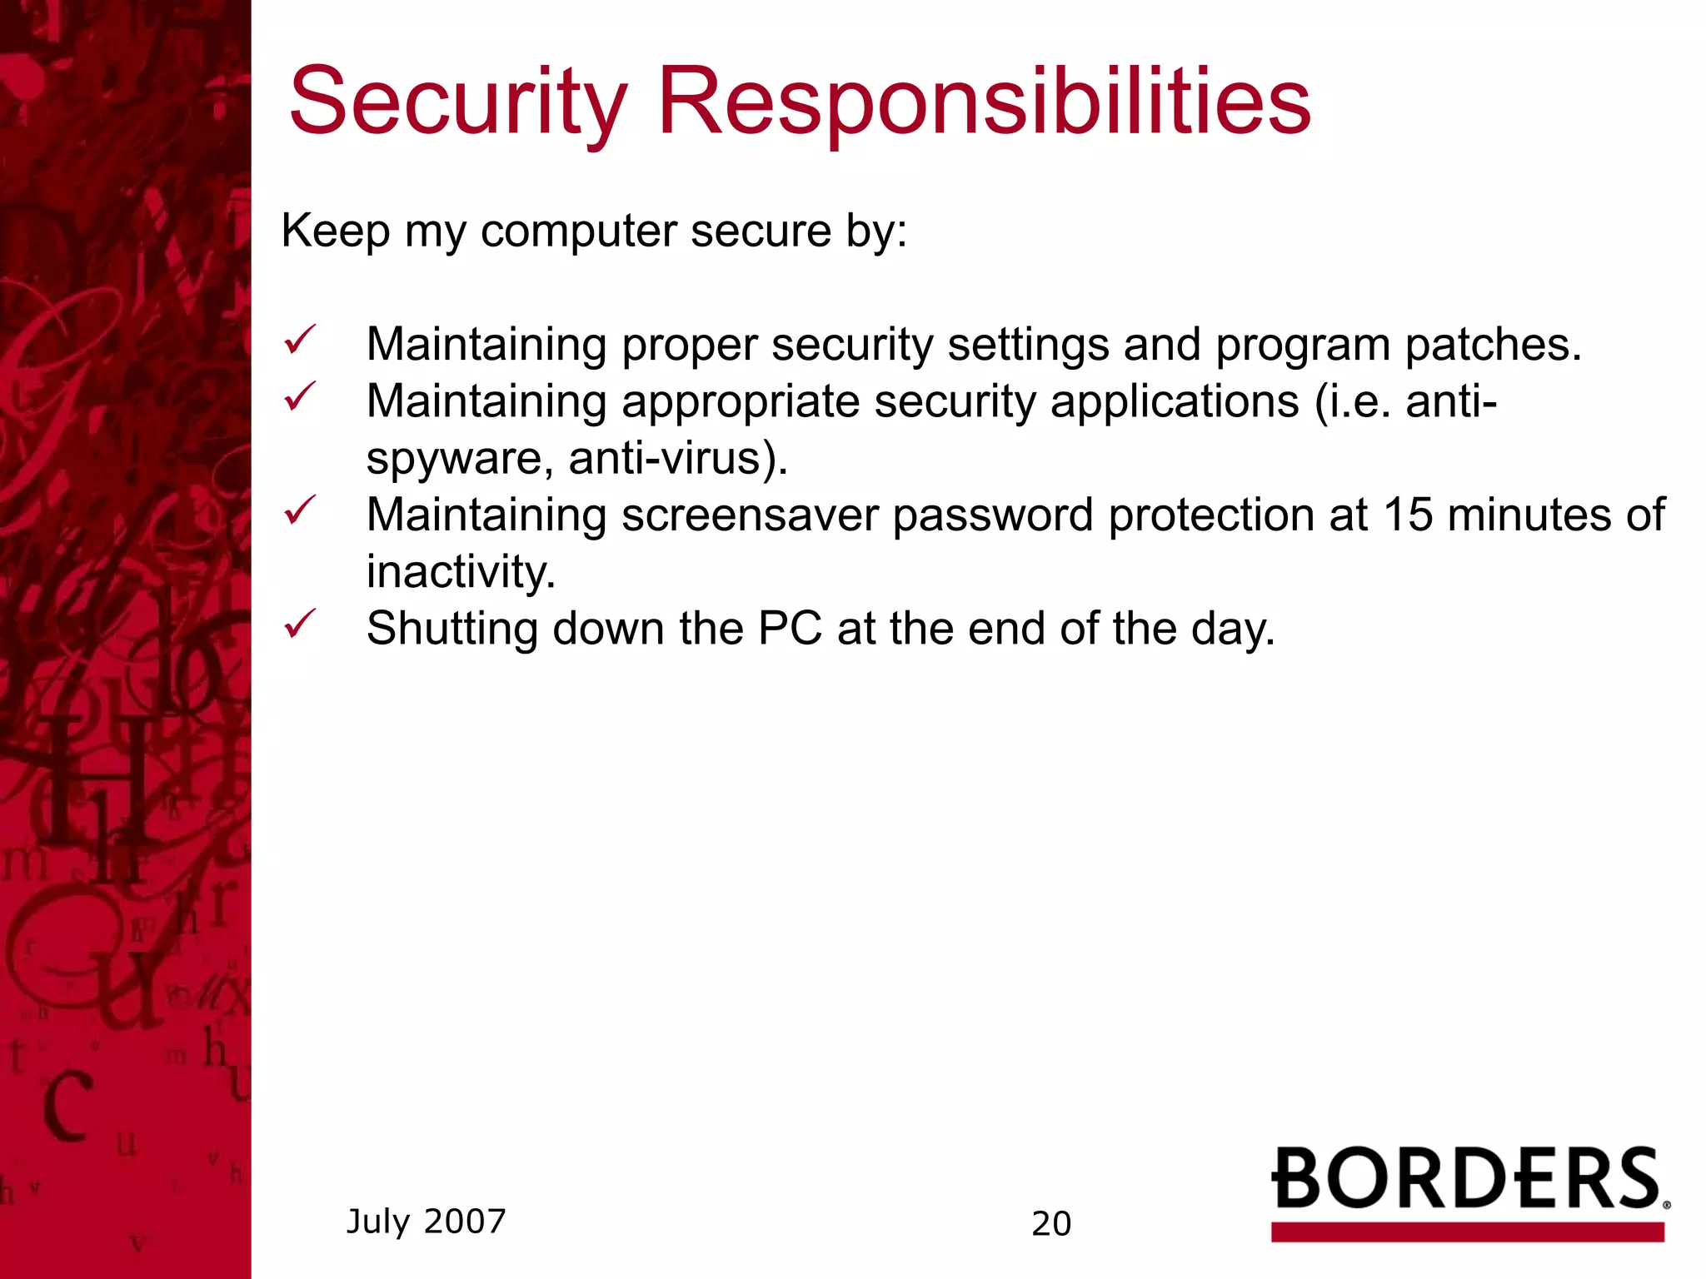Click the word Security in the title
(x=456, y=104)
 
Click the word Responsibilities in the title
(x=984, y=104)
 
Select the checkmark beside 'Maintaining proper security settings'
(x=299, y=341)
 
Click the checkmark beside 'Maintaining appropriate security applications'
(x=299, y=397)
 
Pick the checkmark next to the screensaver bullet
(x=299, y=510)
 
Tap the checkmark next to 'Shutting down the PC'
(x=299, y=624)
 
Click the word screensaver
(x=750, y=515)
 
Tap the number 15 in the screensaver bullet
(x=1408, y=515)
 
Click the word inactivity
(x=461, y=572)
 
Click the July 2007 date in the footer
(x=426, y=1222)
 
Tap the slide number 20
(x=1050, y=1224)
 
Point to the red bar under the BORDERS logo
(x=1467, y=1232)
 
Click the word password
(x=992, y=517)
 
